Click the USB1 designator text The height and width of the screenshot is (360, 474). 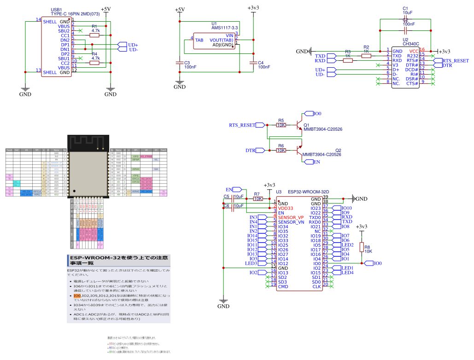pyautogui.click(x=56, y=9)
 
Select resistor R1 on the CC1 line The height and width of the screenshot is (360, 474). pyautogui.click(x=94, y=35)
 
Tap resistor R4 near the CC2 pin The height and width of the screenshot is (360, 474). pyautogui.click(x=94, y=63)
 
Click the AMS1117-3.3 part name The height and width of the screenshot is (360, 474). pyautogui.click(x=224, y=28)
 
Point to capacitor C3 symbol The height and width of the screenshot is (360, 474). pyautogui.click(x=180, y=62)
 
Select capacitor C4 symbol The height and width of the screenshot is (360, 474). pyautogui.click(x=252, y=62)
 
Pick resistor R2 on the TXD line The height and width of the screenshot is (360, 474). pyautogui.click(x=366, y=56)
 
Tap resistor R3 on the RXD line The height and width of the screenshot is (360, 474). pyautogui.click(x=348, y=60)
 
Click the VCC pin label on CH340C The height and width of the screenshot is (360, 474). pyautogui.click(x=414, y=51)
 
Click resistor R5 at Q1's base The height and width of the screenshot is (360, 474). pyautogui.click(x=281, y=125)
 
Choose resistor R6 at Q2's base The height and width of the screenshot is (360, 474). pyautogui.click(x=281, y=151)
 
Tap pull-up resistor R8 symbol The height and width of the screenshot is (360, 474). pyautogui.click(x=362, y=247)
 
